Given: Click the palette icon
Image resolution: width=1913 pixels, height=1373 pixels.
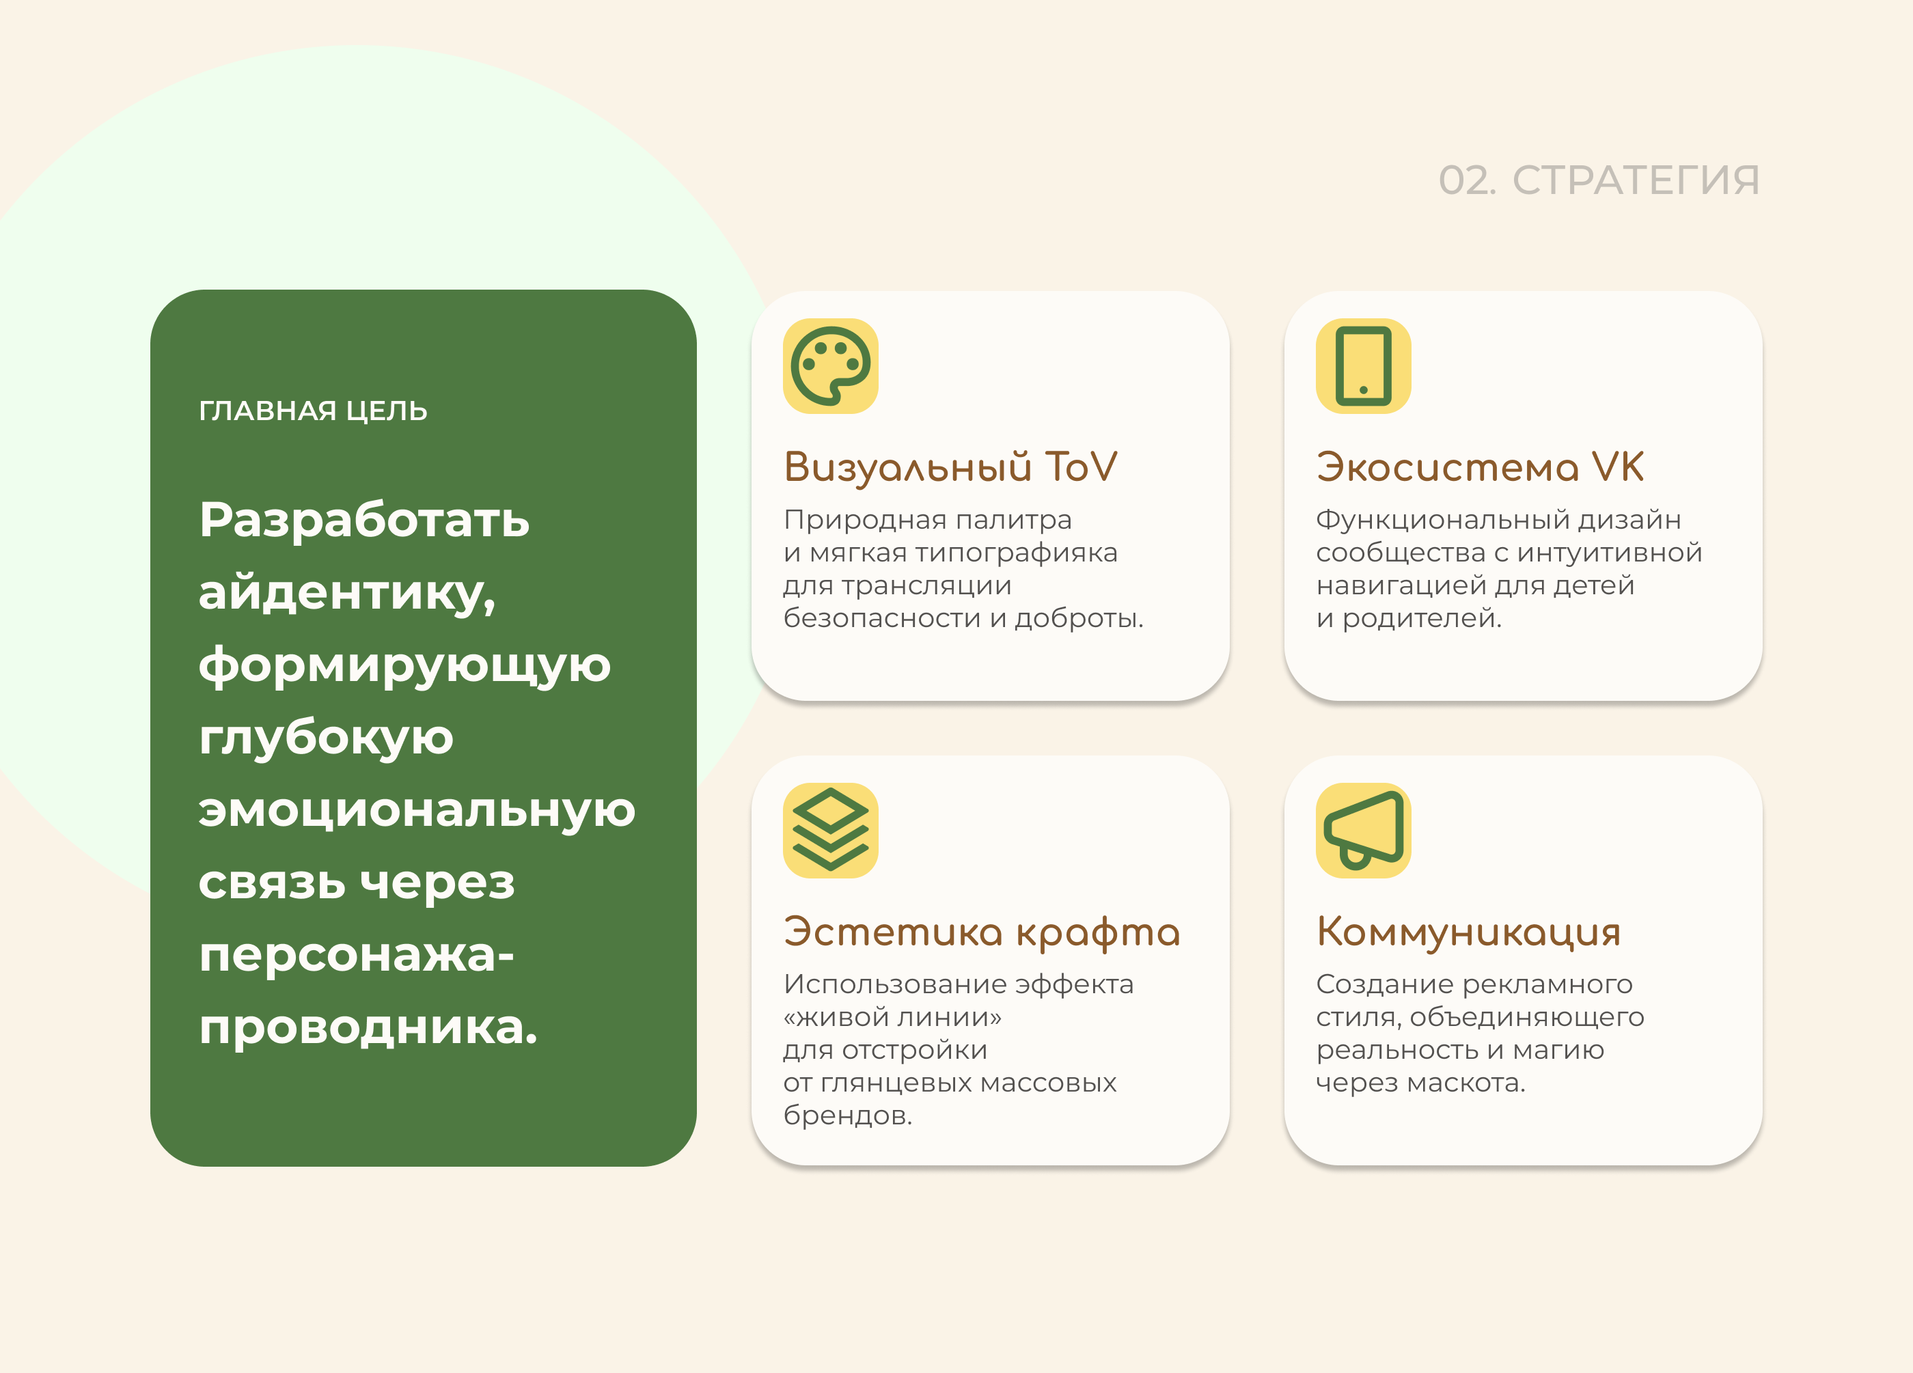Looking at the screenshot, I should (831, 366).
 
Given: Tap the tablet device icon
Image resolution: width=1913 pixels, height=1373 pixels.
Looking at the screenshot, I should (1363, 366).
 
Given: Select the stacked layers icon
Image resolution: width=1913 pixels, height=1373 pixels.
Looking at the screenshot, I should (831, 831).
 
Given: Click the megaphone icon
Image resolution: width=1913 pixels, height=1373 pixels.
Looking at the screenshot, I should (1363, 831).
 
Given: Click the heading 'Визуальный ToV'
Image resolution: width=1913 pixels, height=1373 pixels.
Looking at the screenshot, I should (950, 467).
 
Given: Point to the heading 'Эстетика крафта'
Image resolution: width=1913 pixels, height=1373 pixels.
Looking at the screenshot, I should (981, 932).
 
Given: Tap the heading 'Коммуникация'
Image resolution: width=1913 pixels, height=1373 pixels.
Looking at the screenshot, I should (1468, 932).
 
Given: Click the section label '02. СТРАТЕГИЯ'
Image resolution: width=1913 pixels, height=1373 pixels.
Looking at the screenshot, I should (1599, 180).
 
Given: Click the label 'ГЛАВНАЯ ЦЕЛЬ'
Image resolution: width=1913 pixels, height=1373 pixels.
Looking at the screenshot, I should (313, 411).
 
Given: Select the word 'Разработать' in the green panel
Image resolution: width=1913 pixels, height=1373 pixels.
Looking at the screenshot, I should (364, 520).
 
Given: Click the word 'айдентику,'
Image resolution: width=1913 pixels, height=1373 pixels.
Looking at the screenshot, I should (346, 592).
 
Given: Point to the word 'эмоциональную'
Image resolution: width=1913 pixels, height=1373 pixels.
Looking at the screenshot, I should (417, 809).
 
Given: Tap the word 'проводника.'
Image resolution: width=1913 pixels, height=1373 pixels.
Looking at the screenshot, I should (368, 1027).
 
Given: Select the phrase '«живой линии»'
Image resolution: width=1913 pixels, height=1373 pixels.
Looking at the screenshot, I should (892, 1017).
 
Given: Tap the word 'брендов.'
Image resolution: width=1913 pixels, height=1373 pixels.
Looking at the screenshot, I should (848, 1115).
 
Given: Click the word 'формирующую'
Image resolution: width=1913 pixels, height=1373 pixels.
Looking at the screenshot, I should (404, 665).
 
